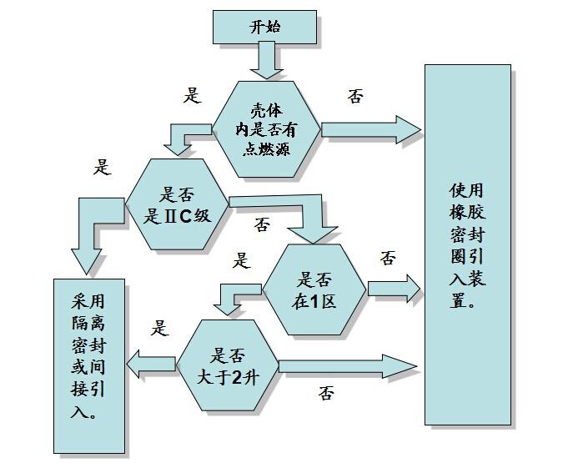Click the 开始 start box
pyautogui.click(x=264, y=27)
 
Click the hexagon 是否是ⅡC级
pyautogui.click(x=177, y=204)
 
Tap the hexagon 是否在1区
pyautogui.click(x=314, y=290)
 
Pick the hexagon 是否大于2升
pyautogui.click(x=227, y=365)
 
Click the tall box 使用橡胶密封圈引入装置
pyautogui.click(x=467, y=244)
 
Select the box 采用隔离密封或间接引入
pyautogui.click(x=89, y=365)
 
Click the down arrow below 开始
pyautogui.click(x=265, y=61)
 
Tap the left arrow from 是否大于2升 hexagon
pyautogui.click(x=151, y=363)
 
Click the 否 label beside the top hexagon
pyautogui.click(x=355, y=96)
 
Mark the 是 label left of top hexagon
pyautogui.click(x=192, y=95)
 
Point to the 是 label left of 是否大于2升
pyautogui.click(x=159, y=328)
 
